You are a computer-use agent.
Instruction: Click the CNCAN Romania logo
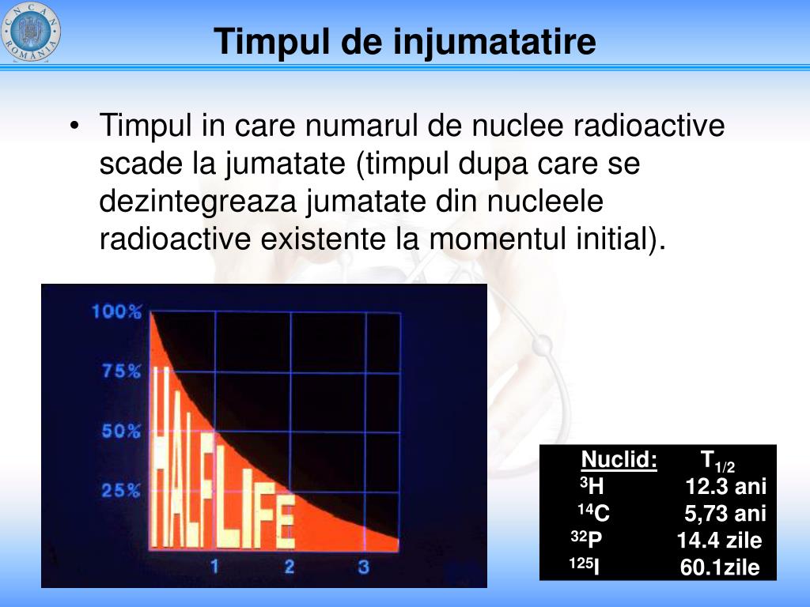[31, 32]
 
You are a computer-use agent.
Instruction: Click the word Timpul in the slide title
[272, 42]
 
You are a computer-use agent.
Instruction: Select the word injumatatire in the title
[495, 42]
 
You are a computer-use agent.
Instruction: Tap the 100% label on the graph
[117, 311]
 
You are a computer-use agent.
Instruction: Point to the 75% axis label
[121, 371]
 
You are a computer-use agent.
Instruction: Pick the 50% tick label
[121, 431]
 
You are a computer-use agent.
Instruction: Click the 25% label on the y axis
[121, 490]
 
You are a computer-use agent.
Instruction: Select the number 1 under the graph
[215, 567]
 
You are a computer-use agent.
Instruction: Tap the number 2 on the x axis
[290, 567]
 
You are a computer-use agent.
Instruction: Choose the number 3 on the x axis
[364, 567]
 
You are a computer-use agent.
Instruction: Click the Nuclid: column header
[619, 459]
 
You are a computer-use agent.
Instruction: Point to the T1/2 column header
[717, 461]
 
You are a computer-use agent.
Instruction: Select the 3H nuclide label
[592, 486]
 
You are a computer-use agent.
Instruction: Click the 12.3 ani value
[726, 486]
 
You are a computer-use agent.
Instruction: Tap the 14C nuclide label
[593, 512]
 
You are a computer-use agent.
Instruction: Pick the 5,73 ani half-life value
[725, 514]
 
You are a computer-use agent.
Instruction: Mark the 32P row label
[586, 539]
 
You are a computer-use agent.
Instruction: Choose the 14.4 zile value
[720, 540]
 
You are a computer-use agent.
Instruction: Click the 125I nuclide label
[585, 566]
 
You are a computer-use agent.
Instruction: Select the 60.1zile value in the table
[720, 567]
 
